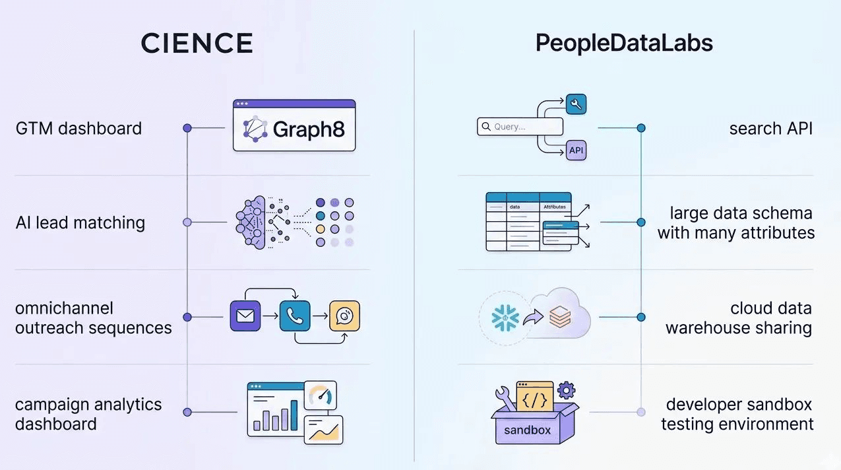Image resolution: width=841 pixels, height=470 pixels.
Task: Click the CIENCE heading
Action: (197, 44)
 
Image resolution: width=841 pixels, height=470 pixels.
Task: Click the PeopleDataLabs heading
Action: (624, 44)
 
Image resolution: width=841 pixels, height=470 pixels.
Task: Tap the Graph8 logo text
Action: (309, 129)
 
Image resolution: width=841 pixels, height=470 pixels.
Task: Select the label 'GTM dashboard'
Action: (78, 128)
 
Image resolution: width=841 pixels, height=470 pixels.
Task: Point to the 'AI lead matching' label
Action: (80, 222)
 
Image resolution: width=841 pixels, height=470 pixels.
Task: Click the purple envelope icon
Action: (245, 316)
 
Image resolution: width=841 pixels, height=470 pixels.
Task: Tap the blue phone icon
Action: (295, 316)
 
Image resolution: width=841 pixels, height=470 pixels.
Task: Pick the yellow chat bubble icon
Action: (344, 316)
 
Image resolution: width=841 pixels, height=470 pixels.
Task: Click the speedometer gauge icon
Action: (321, 396)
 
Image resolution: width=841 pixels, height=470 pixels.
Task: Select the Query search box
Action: (520, 127)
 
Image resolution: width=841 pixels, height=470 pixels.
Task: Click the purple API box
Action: (576, 151)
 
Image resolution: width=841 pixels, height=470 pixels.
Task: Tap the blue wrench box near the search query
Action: (576, 104)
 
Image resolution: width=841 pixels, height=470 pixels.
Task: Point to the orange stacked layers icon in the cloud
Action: (559, 318)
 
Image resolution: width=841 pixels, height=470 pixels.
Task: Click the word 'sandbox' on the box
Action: (527, 430)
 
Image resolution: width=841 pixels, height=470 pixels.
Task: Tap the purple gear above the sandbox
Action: (566, 390)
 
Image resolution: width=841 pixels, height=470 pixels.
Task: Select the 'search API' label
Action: (770, 128)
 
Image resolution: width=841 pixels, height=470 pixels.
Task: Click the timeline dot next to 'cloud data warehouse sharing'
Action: (640, 317)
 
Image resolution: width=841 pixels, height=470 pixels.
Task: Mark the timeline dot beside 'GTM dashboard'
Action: (187, 128)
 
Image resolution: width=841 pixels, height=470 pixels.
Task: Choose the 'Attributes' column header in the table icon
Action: (554, 207)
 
